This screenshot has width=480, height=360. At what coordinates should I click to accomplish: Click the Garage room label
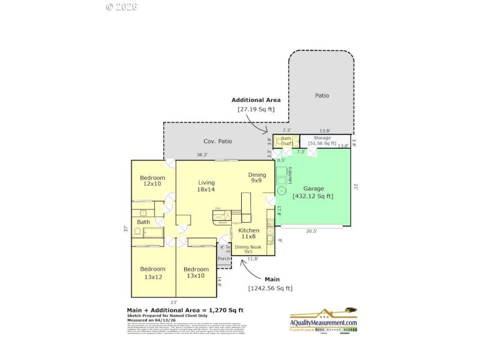[x=313, y=188]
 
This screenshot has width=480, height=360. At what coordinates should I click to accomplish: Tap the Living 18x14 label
[x=206, y=186]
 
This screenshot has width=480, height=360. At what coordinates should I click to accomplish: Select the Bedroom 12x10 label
[x=152, y=181]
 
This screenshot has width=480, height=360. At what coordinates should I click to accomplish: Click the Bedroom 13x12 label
[x=152, y=272]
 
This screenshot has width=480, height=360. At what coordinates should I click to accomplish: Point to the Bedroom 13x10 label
[x=196, y=272]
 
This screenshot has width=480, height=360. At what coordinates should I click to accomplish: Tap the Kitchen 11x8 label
[x=249, y=233]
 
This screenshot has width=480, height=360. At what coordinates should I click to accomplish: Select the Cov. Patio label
[x=217, y=142]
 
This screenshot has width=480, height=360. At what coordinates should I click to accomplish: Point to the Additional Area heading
[x=256, y=100]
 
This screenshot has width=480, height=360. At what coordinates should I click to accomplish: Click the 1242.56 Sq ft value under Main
[x=271, y=288]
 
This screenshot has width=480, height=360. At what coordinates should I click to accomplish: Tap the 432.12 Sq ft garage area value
[x=313, y=196]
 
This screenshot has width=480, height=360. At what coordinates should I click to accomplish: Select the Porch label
[x=224, y=259]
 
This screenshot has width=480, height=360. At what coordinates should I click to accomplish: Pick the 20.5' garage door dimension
[x=311, y=231]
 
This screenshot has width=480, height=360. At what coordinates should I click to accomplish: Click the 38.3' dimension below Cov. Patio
[x=202, y=155]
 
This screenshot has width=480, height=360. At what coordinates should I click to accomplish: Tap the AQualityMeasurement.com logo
[x=323, y=320]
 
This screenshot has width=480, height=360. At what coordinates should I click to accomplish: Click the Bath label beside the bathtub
[x=143, y=222]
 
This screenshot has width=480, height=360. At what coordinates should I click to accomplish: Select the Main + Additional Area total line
[x=185, y=310]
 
